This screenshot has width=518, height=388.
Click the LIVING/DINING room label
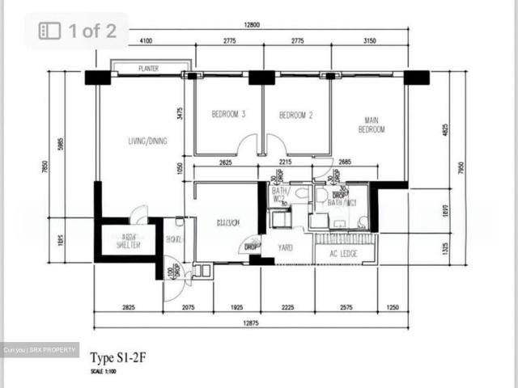tap(147, 141)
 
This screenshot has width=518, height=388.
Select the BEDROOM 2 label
tap(295, 115)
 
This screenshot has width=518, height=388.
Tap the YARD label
tap(284, 248)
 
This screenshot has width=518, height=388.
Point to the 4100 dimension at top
tap(146, 40)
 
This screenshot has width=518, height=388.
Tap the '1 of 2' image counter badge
tap(80, 32)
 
